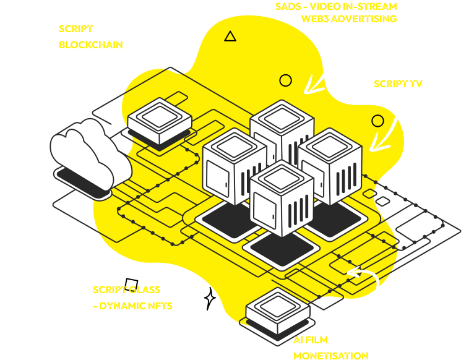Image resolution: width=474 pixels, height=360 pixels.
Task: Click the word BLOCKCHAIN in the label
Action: click(x=90, y=45)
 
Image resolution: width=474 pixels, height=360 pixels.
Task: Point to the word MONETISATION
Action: click(x=330, y=355)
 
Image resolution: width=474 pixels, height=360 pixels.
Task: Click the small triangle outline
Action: click(x=230, y=36)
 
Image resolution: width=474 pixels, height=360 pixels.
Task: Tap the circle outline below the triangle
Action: click(x=285, y=80)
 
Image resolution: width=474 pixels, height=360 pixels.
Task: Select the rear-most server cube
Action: click(x=282, y=130)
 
